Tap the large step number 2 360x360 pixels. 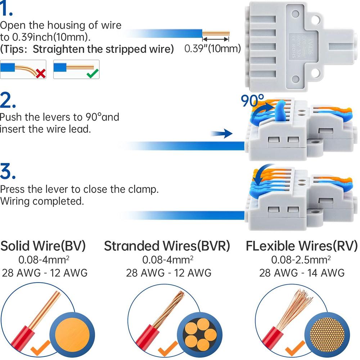pyautogui.click(x=8, y=101)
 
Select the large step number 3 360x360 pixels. pyautogui.click(x=8, y=172)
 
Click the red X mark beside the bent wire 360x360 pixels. pyautogui.click(x=41, y=74)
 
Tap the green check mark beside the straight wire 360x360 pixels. pyautogui.click(x=93, y=74)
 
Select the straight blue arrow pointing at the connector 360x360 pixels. pyautogui.click(x=221, y=134)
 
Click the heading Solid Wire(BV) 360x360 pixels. pyautogui.click(x=43, y=246)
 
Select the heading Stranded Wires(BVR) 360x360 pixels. pyautogui.click(x=167, y=246)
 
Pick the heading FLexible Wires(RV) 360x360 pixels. pyautogui.click(x=302, y=246)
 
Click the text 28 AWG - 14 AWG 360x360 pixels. pyautogui.click(x=302, y=273)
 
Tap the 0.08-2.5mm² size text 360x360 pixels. pyautogui.click(x=302, y=260)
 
